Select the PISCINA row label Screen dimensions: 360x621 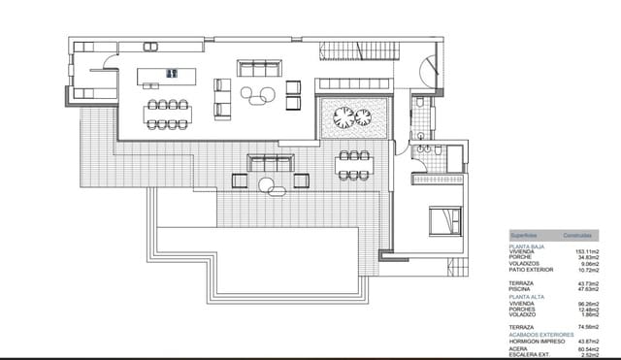(x=521, y=288)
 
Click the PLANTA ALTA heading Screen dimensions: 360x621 (x=525, y=297)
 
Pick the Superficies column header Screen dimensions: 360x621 (x=525, y=236)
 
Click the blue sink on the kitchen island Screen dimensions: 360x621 (x=173, y=72)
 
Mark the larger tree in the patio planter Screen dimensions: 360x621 (x=343, y=118)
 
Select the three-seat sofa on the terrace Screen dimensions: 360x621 (x=271, y=161)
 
